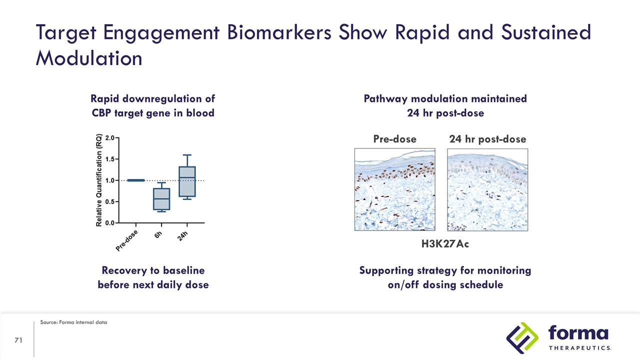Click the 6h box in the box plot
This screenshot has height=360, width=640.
(x=161, y=198)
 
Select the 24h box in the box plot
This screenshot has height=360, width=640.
(x=186, y=181)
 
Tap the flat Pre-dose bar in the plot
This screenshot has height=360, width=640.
(x=135, y=180)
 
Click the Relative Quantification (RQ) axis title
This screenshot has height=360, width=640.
(x=99, y=180)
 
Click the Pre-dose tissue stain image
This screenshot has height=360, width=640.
(x=395, y=189)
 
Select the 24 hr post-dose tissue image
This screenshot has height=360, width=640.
(x=487, y=189)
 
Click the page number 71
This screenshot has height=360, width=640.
(x=19, y=340)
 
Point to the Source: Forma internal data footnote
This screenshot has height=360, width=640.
(x=73, y=322)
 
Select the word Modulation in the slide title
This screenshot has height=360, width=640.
(x=89, y=58)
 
